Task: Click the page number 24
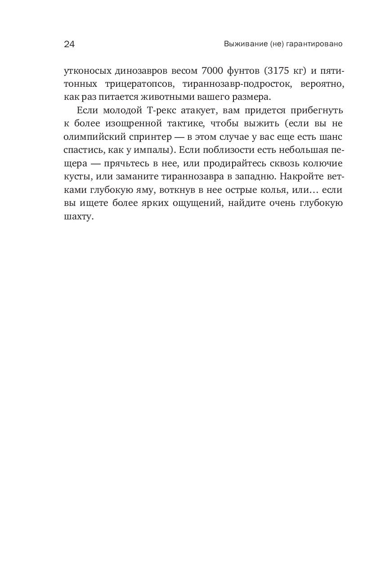[x=69, y=44]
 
